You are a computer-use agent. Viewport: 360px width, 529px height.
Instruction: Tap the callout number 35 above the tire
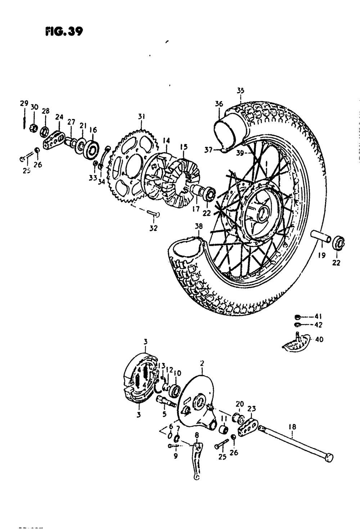tap(240, 90)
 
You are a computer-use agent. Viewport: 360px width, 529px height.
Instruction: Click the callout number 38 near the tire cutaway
tap(198, 227)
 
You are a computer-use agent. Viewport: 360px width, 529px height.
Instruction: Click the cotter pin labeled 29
tap(23, 119)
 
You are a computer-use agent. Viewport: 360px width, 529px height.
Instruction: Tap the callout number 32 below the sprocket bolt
tap(154, 228)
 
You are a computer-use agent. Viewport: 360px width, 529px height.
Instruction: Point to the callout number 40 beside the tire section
tap(319, 339)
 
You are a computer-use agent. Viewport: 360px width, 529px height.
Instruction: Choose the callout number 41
tap(318, 317)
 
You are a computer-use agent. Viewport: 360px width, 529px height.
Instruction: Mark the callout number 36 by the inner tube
tap(219, 104)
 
